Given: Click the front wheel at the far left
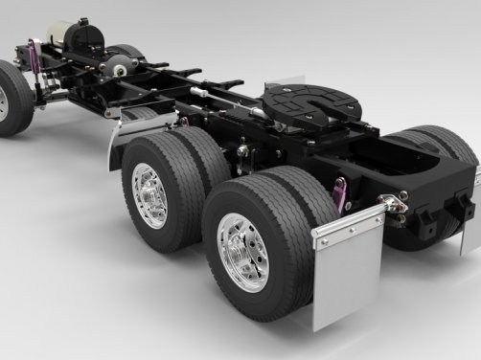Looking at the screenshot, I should click(x=11, y=99).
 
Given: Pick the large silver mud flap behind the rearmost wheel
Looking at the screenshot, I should click(x=351, y=275).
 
